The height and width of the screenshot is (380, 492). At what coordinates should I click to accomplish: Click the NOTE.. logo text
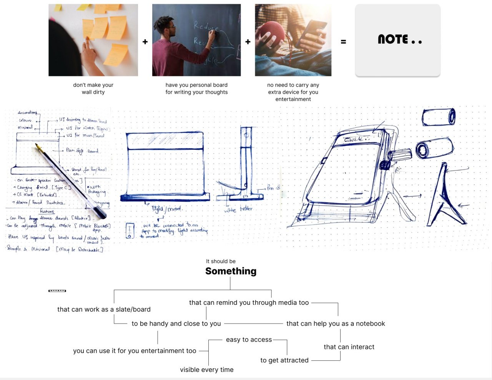click(399, 40)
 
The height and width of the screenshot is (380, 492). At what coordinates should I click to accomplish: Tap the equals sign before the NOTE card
click(343, 42)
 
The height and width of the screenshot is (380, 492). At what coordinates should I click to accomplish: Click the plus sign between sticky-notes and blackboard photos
click(145, 42)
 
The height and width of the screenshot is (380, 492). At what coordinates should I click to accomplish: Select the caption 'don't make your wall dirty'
click(93, 88)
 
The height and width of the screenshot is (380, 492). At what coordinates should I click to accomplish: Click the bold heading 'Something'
click(231, 271)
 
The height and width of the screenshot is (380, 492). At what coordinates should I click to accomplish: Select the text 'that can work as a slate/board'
click(104, 309)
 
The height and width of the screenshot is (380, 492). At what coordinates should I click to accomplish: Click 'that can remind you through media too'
click(249, 302)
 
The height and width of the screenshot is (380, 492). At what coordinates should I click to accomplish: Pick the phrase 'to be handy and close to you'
click(176, 324)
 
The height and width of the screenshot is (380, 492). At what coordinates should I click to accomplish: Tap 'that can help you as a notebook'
click(335, 324)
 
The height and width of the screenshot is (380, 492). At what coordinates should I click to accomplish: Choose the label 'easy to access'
click(249, 340)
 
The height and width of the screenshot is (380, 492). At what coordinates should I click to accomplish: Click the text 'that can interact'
click(349, 347)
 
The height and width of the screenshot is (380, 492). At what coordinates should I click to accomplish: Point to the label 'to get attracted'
click(284, 360)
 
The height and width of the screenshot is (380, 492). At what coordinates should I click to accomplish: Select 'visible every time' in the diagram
click(206, 370)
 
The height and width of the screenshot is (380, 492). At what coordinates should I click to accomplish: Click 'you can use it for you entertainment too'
click(135, 351)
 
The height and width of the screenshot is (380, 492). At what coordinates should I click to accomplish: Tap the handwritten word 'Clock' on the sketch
click(354, 139)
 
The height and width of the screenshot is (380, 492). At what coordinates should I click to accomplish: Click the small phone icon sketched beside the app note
click(130, 231)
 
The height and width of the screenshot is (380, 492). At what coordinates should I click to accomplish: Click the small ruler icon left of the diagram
click(57, 291)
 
